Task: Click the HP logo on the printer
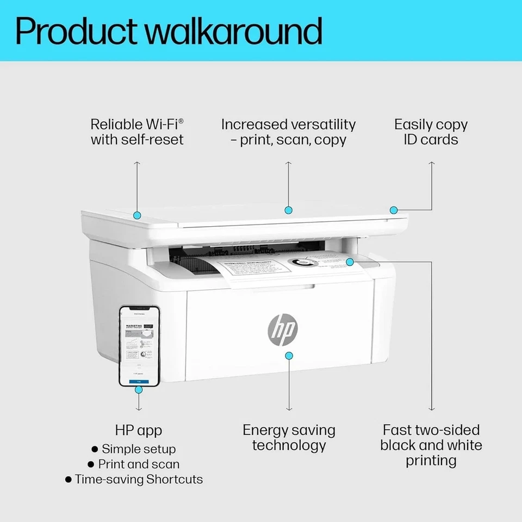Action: coord(282,328)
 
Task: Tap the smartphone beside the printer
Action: coord(139,346)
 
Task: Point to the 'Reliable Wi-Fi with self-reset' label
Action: coord(137,132)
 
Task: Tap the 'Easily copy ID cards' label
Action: coord(431,132)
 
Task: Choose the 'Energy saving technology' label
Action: coord(289,438)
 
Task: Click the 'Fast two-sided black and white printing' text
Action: coord(431,445)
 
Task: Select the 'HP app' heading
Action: coord(139,430)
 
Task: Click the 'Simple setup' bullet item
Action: coord(139,449)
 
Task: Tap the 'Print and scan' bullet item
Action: coord(139,464)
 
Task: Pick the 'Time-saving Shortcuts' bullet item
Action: coord(139,480)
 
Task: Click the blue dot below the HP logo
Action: coord(289,355)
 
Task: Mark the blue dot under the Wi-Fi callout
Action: coord(138,215)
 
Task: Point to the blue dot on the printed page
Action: coord(350,262)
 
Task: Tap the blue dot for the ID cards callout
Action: coord(394,210)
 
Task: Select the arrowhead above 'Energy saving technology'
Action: coord(289,409)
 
